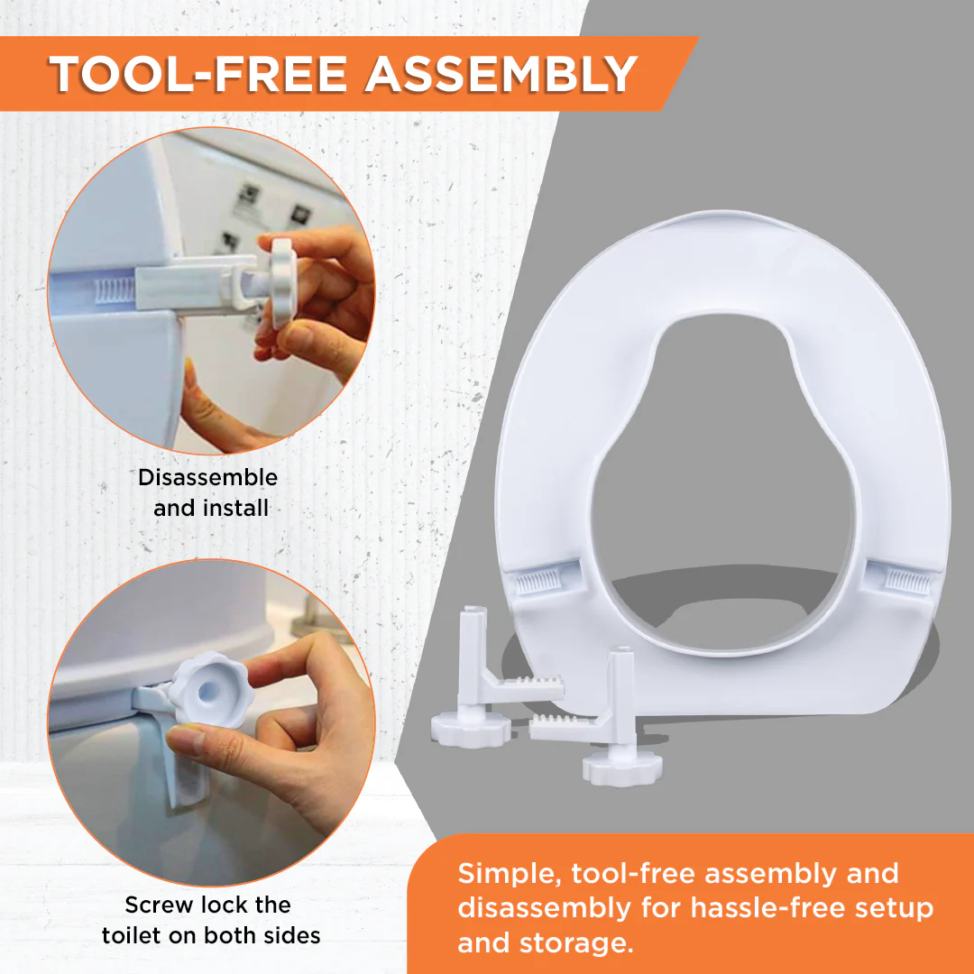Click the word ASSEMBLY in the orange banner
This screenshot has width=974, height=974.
coord(501,75)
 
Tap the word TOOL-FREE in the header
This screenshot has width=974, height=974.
coord(198,75)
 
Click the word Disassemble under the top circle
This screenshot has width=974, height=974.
coord(207,477)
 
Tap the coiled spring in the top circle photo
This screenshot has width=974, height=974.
coord(113,290)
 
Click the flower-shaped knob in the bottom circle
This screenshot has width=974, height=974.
coord(211,688)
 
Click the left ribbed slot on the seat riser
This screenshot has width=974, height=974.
coord(540,582)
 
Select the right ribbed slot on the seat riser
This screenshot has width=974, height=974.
coord(908,580)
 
